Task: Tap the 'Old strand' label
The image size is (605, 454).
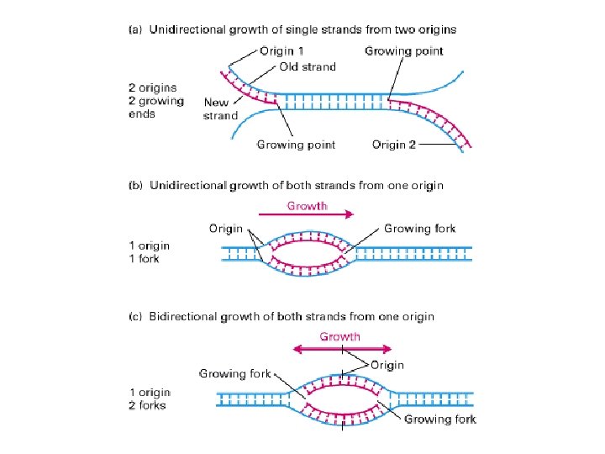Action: (x=307, y=66)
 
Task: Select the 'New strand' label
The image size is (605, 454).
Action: (x=221, y=108)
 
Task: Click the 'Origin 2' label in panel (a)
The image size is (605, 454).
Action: (x=394, y=145)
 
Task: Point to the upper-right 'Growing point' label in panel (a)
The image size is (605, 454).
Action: (x=403, y=51)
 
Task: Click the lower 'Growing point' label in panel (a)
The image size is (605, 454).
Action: (x=296, y=145)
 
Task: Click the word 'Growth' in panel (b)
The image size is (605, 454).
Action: (x=308, y=204)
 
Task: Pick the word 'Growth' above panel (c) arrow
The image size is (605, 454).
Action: (x=340, y=336)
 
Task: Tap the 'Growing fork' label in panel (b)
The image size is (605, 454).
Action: (x=419, y=228)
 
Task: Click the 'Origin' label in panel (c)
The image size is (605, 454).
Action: (x=386, y=365)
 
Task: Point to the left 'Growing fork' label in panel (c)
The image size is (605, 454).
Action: (x=234, y=373)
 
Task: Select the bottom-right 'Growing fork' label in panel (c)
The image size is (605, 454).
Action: (x=440, y=419)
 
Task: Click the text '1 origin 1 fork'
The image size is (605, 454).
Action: (x=150, y=252)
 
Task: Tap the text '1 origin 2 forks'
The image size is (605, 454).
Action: (x=150, y=399)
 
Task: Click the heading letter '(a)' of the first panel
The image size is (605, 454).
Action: (x=134, y=29)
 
